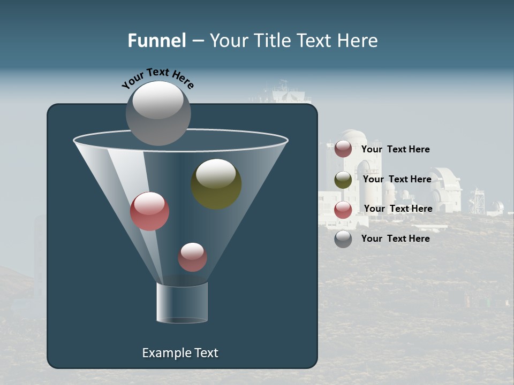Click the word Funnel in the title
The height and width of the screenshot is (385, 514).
tap(156, 41)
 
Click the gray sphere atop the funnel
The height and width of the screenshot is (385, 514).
tap(158, 113)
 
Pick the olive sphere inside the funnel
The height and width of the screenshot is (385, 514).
tap(216, 184)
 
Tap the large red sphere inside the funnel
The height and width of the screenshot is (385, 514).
tap(149, 211)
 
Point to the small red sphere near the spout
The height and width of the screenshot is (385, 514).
tap(192, 257)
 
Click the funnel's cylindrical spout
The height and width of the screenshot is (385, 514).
tap(182, 303)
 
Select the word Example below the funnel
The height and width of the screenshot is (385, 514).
tap(165, 353)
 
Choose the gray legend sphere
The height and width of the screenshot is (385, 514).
tap(343, 239)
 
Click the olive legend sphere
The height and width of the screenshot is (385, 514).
tap(343, 180)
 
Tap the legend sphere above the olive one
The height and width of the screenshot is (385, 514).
tap(343, 149)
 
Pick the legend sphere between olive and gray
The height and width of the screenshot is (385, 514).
tap(343, 210)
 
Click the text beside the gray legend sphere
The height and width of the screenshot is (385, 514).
tap(395, 238)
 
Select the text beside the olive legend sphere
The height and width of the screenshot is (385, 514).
tap(397, 179)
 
